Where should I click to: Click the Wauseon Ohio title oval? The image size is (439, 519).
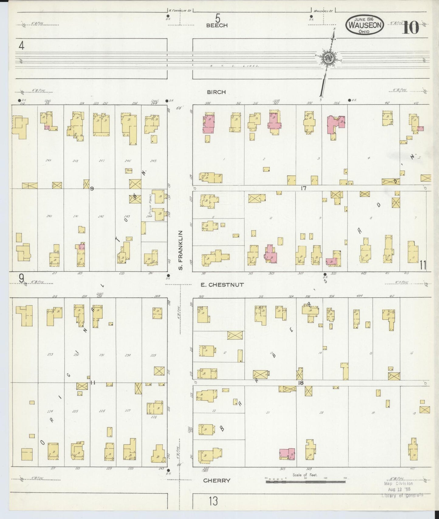(364, 25)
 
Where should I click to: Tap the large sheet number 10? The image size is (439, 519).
(411, 28)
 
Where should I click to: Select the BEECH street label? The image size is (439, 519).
(217, 25)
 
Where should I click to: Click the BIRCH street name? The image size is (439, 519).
(217, 92)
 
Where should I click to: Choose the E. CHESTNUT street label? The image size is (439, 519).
(222, 285)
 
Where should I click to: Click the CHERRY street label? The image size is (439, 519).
(217, 480)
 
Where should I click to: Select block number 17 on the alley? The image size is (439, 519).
(303, 188)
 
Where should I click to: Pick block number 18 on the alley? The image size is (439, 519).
(300, 383)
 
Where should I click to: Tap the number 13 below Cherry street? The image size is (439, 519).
(213, 501)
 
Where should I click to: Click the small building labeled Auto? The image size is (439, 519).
(129, 171)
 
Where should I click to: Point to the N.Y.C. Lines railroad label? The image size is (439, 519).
(234, 66)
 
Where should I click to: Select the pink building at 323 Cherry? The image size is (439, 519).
(287, 454)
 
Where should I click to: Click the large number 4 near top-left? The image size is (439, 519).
(21, 46)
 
